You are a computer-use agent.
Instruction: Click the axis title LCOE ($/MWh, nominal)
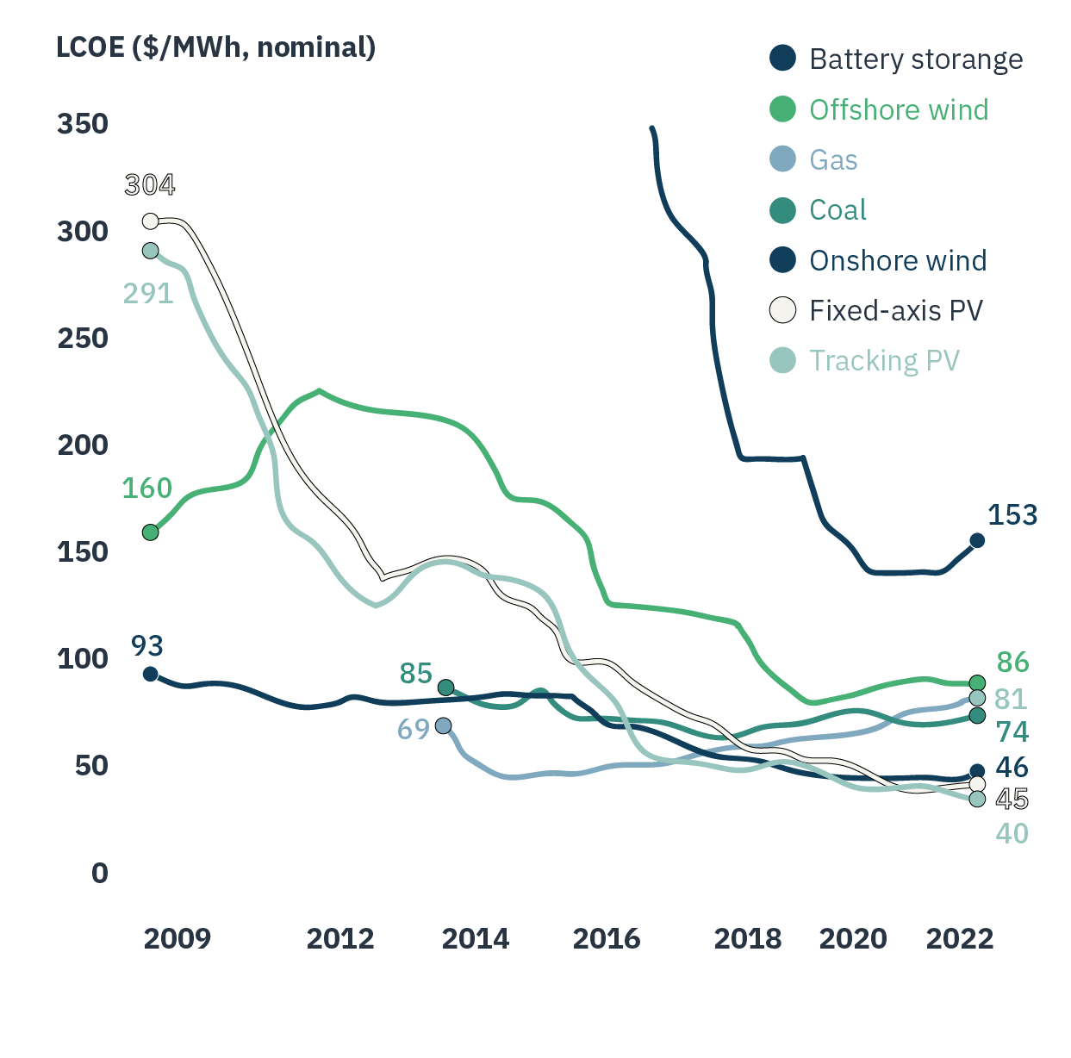(x=215, y=47)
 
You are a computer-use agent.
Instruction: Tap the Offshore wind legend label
(x=899, y=110)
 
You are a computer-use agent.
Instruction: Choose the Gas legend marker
(x=782, y=159)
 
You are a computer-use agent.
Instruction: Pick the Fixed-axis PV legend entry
(x=895, y=310)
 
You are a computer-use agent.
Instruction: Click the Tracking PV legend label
(x=884, y=360)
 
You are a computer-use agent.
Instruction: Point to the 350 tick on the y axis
(x=83, y=124)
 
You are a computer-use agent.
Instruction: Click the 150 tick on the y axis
(x=83, y=551)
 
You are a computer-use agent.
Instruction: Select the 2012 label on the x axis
(x=340, y=938)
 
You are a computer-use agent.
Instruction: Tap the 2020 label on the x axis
(x=853, y=938)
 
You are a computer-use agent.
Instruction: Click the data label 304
(x=149, y=184)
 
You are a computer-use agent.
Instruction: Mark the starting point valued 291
(x=150, y=251)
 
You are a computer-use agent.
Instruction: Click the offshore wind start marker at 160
(x=150, y=532)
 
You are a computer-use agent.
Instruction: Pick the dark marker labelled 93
(x=150, y=674)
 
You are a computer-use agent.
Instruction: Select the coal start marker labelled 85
(x=445, y=688)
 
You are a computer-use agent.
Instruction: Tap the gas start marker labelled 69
(x=443, y=726)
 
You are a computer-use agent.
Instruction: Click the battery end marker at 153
(x=977, y=540)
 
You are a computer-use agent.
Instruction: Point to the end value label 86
(x=1012, y=662)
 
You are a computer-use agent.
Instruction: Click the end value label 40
(x=1012, y=833)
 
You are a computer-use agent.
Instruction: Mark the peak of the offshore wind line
(x=320, y=390)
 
